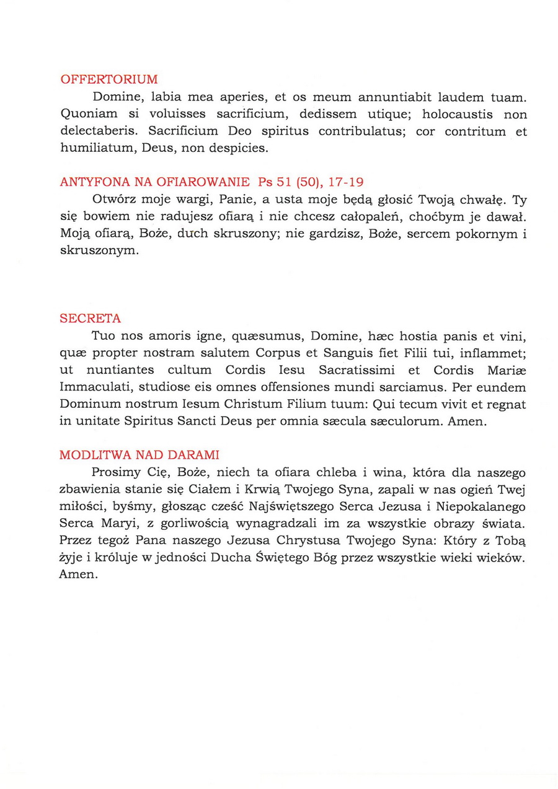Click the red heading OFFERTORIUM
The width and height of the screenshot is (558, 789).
click(109, 79)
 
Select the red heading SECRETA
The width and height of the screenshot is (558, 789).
click(90, 319)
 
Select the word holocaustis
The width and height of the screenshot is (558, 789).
click(456, 115)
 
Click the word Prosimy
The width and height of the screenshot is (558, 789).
click(115, 473)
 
